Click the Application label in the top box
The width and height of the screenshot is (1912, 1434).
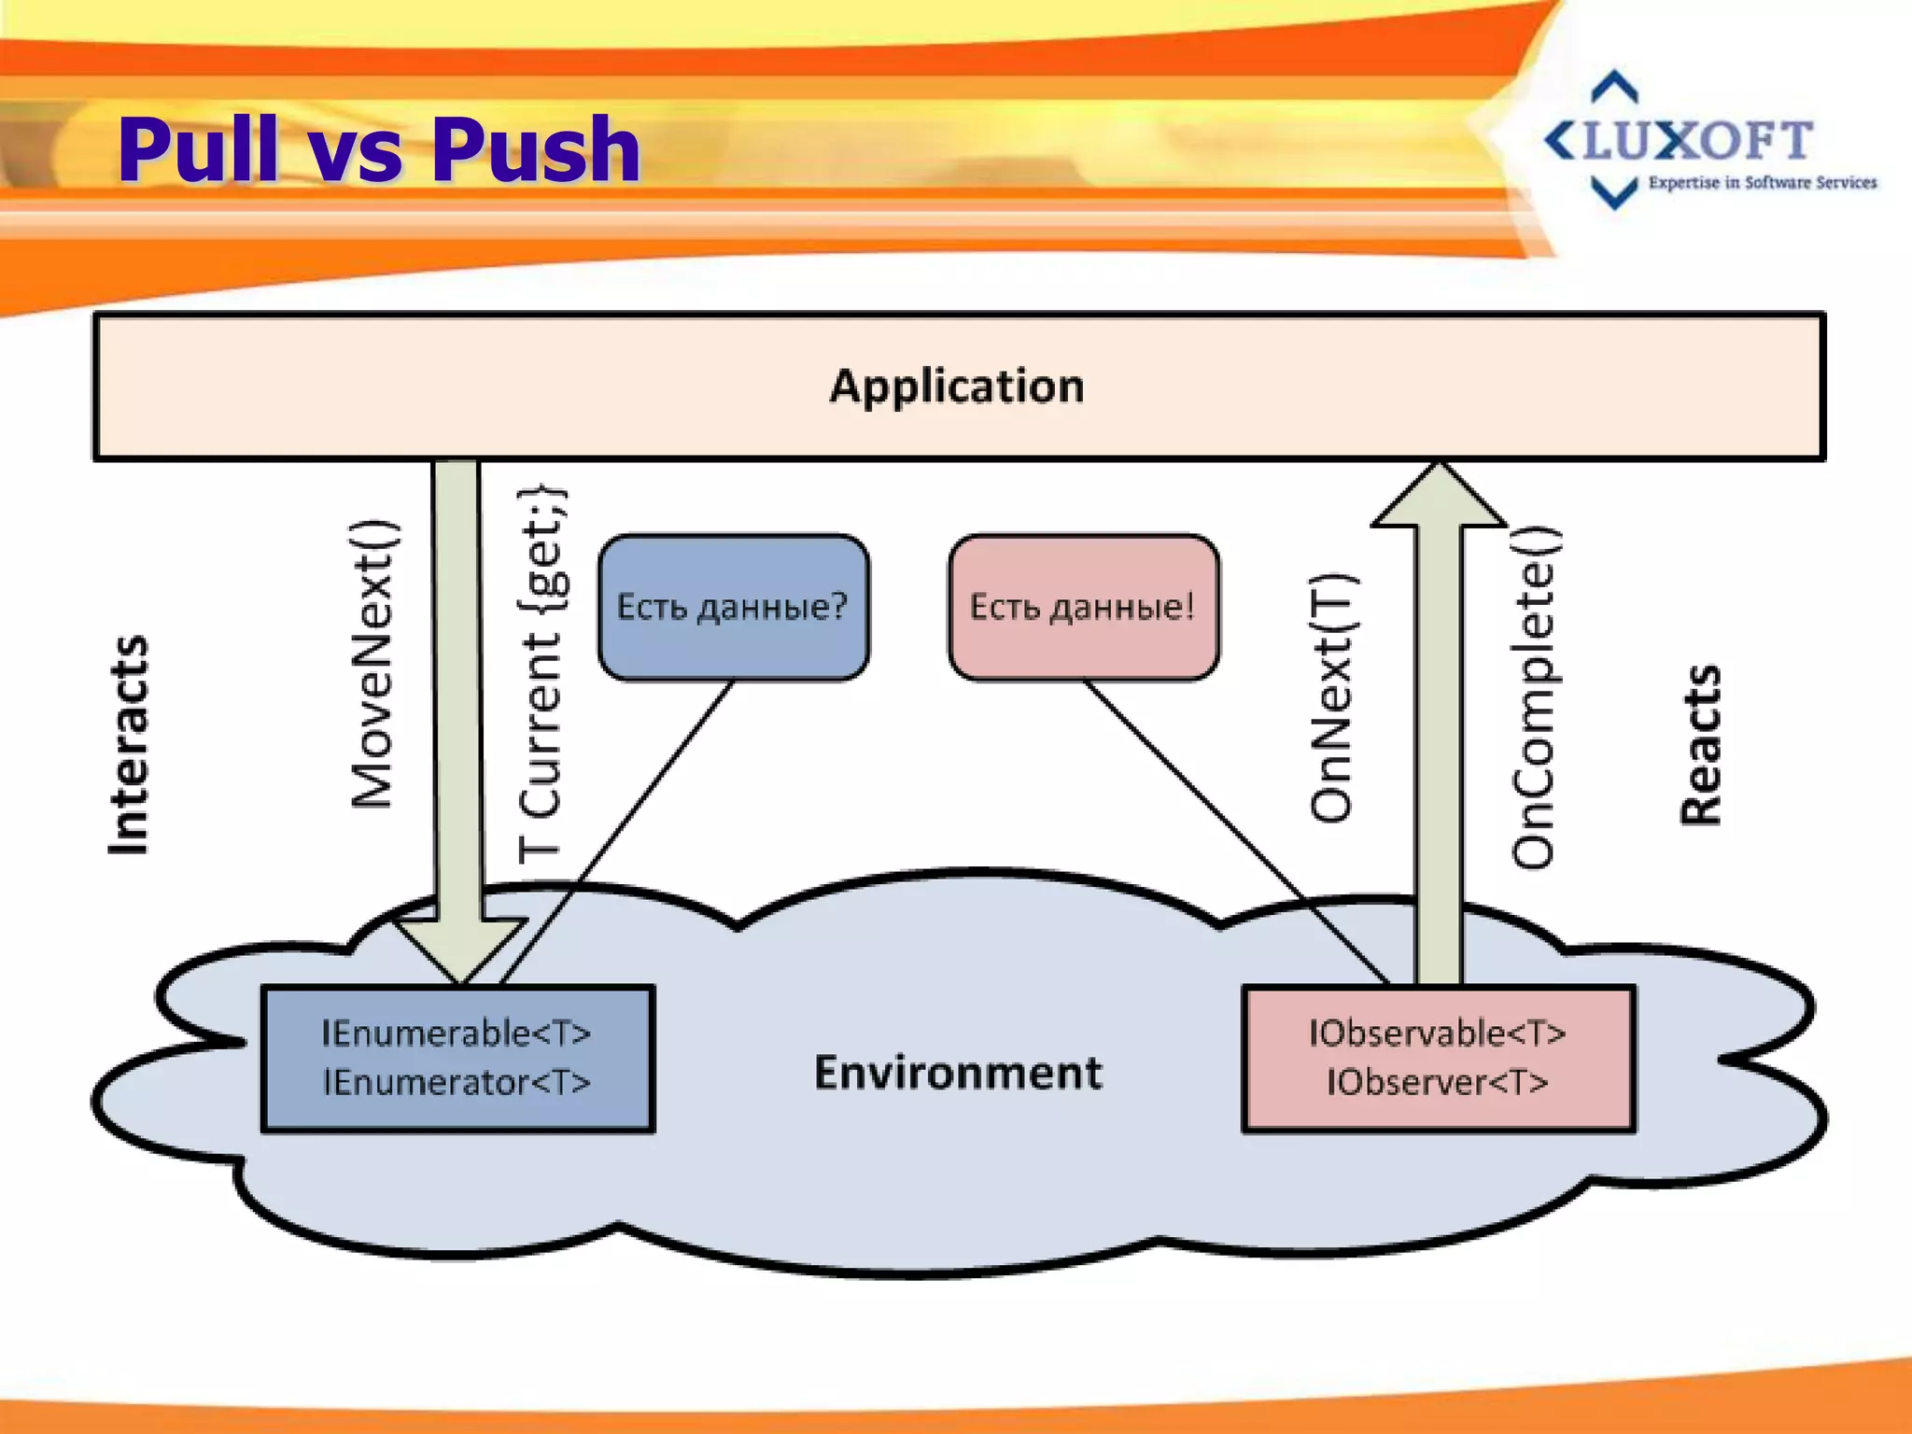click(957, 386)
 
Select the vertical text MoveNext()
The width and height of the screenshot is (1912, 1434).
click(373, 663)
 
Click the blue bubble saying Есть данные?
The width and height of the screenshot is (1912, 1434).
click(733, 607)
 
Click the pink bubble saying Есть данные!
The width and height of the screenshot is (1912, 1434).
click(1083, 607)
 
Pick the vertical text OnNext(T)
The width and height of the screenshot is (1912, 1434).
click(1331, 698)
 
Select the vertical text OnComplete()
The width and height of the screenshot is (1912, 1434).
click(1533, 698)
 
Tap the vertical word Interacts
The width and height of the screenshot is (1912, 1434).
click(128, 745)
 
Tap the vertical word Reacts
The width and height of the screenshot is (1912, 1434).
click(1700, 745)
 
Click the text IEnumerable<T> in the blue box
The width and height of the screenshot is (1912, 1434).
click(457, 1033)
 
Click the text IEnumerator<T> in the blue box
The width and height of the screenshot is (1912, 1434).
click(457, 1083)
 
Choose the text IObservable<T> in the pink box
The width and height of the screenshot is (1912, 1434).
click(1437, 1033)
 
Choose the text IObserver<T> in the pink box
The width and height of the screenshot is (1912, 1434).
click(1437, 1083)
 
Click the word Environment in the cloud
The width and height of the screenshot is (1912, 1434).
click(958, 1072)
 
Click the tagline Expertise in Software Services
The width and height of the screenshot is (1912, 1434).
click(1762, 183)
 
